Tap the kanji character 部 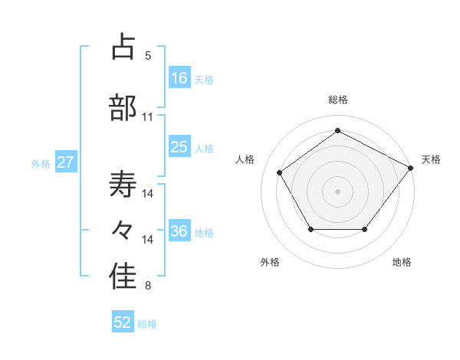[123, 108]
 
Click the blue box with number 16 [179, 78]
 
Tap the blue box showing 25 [179, 147]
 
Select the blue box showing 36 [179, 231]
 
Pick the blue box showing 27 [66, 162]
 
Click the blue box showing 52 [123, 322]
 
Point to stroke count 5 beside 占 [148, 56]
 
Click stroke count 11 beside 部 [148, 117]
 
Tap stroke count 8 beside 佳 [148, 286]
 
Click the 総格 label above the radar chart [338, 100]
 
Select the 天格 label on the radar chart [431, 159]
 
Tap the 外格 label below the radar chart [270, 263]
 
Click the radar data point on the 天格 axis [410, 168]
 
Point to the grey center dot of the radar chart [338, 191]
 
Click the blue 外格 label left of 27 [40, 163]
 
